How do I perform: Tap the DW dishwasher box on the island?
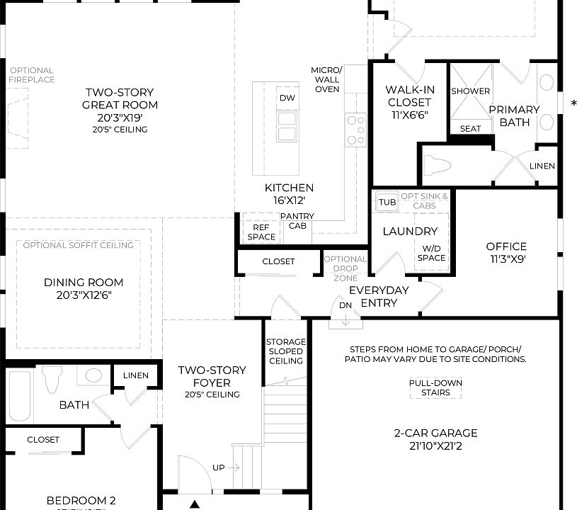[287, 98]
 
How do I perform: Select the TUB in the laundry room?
[387, 201]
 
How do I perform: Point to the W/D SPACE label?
[433, 253]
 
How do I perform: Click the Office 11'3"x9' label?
[505, 252]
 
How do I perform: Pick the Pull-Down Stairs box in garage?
[435, 387]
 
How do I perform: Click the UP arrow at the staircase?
[227, 467]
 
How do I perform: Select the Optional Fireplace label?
[31, 75]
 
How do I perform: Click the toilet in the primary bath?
[437, 166]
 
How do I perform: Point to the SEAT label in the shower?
[470, 129]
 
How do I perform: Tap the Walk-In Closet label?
[409, 101]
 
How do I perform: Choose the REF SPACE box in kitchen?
[261, 232]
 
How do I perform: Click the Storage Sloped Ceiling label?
[285, 351]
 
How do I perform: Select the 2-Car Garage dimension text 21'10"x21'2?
[435, 446]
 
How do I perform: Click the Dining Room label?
[84, 288]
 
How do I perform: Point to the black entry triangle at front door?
[195, 504]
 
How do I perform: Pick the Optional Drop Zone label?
[345, 268]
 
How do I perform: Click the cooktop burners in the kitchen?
[355, 130]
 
